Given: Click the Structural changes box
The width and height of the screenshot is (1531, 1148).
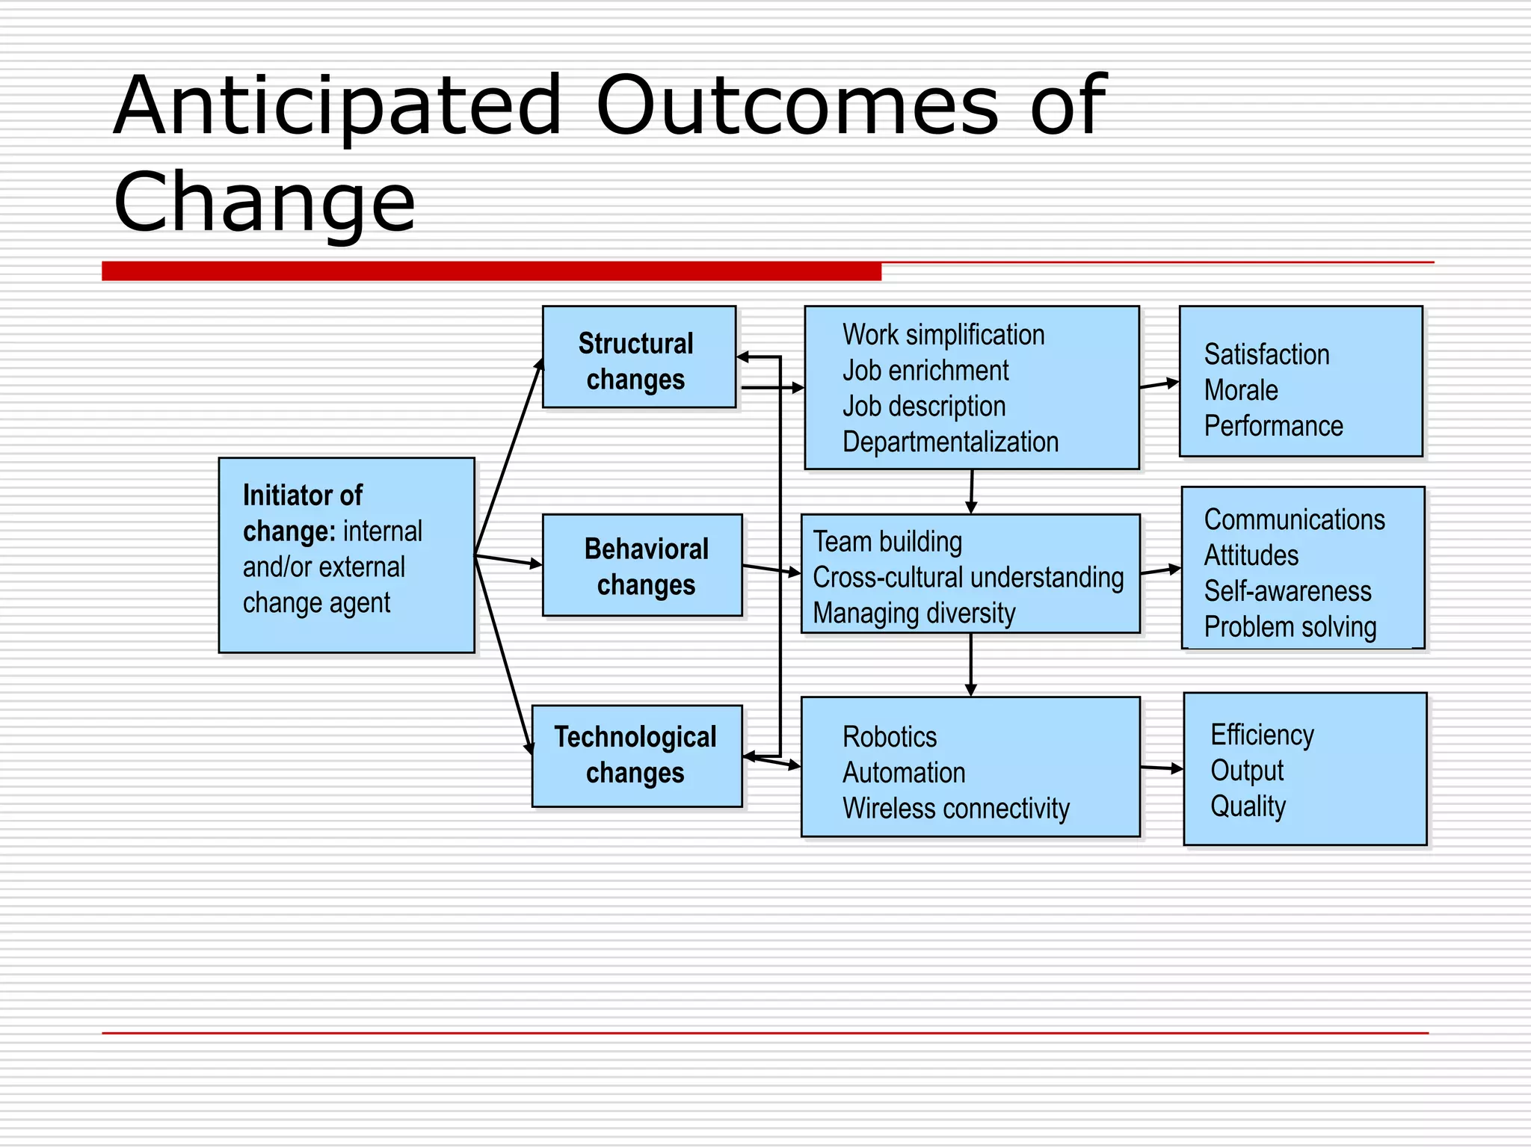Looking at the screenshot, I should tap(638, 357).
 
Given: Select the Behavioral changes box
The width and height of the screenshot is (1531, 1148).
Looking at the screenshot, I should tap(642, 566).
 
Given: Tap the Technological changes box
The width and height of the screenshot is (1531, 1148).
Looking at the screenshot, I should tap(637, 756).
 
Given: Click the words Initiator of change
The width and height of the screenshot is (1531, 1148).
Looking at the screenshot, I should tap(302, 513).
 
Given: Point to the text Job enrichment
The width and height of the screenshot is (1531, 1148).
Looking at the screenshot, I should tap(925, 371).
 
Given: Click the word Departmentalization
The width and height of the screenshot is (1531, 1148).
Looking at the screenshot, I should tap(950, 442).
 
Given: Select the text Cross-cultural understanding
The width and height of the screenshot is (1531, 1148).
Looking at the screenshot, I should tap(968, 578).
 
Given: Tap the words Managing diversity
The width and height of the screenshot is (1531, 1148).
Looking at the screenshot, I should tap(914, 613).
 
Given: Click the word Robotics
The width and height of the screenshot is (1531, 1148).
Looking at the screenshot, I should tap(889, 737).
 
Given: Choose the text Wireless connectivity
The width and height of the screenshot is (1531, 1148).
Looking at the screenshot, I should tap(955, 809).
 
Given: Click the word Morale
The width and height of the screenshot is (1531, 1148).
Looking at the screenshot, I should tap(1241, 390).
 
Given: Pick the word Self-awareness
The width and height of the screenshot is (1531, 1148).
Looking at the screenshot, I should tap(1287, 591).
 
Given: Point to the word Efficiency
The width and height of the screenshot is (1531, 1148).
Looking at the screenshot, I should tap(1262, 735).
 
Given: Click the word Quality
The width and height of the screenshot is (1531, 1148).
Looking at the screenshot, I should tap(1248, 806).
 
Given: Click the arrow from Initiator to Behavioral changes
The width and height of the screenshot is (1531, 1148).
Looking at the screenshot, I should tap(508, 561).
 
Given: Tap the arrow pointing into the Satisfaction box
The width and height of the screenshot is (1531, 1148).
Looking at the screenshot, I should tap(1159, 385).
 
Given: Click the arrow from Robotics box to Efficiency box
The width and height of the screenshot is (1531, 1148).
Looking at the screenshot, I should tap(1162, 768).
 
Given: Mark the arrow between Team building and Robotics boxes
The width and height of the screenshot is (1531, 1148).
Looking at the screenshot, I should tap(970, 664).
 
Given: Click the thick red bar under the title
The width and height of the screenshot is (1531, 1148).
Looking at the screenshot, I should tap(491, 271).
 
